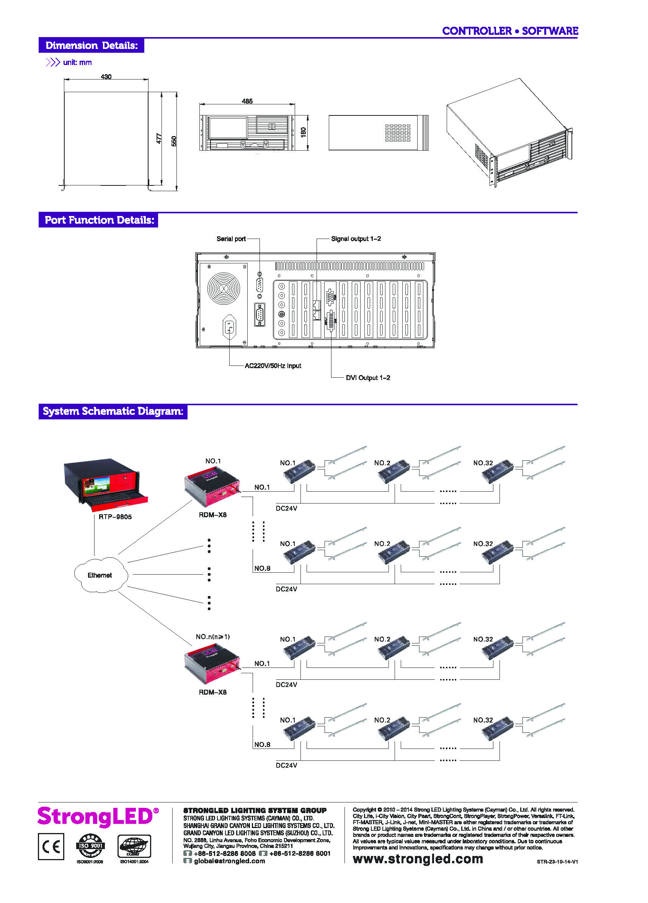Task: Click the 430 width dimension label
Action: pyautogui.click(x=106, y=77)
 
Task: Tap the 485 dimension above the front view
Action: pyautogui.click(x=247, y=102)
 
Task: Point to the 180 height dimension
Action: pyautogui.click(x=303, y=133)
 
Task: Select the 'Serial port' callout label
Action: pyautogui.click(x=231, y=239)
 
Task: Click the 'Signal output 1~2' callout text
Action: pyautogui.click(x=356, y=239)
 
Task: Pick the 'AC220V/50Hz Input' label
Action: pyautogui.click(x=273, y=366)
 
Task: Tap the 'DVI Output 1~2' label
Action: pyautogui.click(x=368, y=378)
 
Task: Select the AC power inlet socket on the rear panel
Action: pyautogui.click(x=229, y=327)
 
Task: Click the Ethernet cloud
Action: pyautogui.click(x=100, y=575)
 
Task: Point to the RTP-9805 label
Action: pyautogui.click(x=115, y=517)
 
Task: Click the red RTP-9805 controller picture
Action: pyautogui.click(x=106, y=485)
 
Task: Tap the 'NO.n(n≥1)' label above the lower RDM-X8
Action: pyautogui.click(x=213, y=637)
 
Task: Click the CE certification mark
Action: pyautogui.click(x=51, y=846)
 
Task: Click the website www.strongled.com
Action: pyautogui.click(x=418, y=859)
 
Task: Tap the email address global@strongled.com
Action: pyautogui.click(x=229, y=861)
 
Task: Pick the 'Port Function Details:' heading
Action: pyautogui.click(x=99, y=220)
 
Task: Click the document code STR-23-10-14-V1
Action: pyautogui.click(x=557, y=862)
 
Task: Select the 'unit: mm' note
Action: pyautogui.click(x=77, y=63)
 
